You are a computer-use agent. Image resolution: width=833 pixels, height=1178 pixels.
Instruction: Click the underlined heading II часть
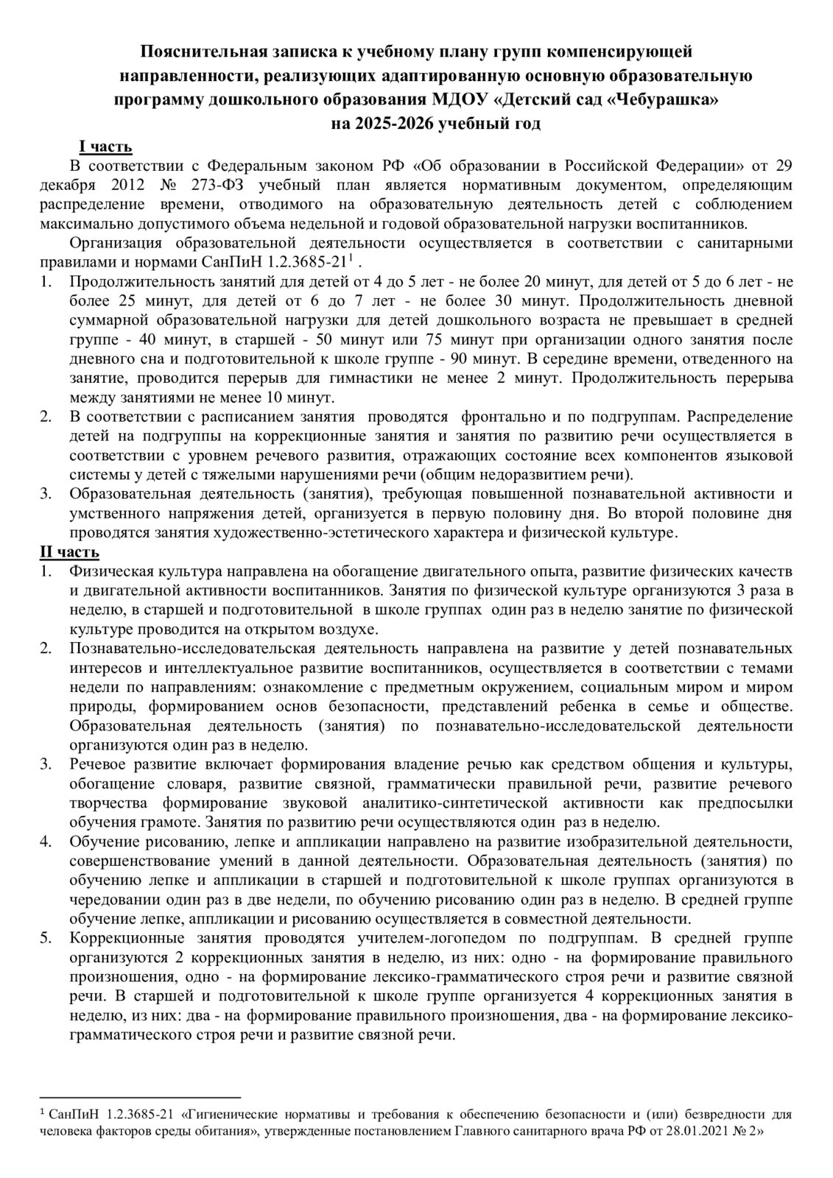69,551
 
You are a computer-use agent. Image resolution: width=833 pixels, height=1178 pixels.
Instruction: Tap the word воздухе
351,629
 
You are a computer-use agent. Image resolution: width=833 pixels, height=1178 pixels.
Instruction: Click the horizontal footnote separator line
140,1096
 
